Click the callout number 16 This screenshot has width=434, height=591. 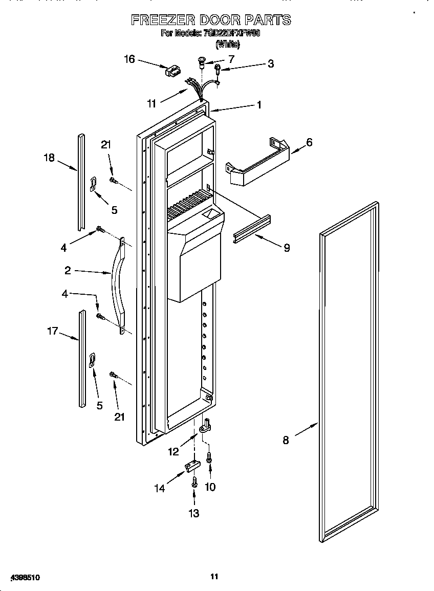tap(129, 59)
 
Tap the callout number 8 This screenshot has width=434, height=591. tap(286, 440)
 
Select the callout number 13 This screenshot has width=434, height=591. tap(194, 513)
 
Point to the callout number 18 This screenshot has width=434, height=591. tap(49, 158)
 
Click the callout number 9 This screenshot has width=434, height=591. tap(287, 248)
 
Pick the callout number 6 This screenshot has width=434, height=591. tap(309, 142)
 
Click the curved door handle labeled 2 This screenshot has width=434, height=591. tap(117, 287)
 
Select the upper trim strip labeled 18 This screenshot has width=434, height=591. tap(80, 182)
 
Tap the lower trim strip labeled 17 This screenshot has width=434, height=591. tap(82, 358)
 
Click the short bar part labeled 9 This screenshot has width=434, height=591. tap(252, 228)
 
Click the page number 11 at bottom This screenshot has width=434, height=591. tap(214, 576)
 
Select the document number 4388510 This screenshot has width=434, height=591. tap(23, 577)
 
